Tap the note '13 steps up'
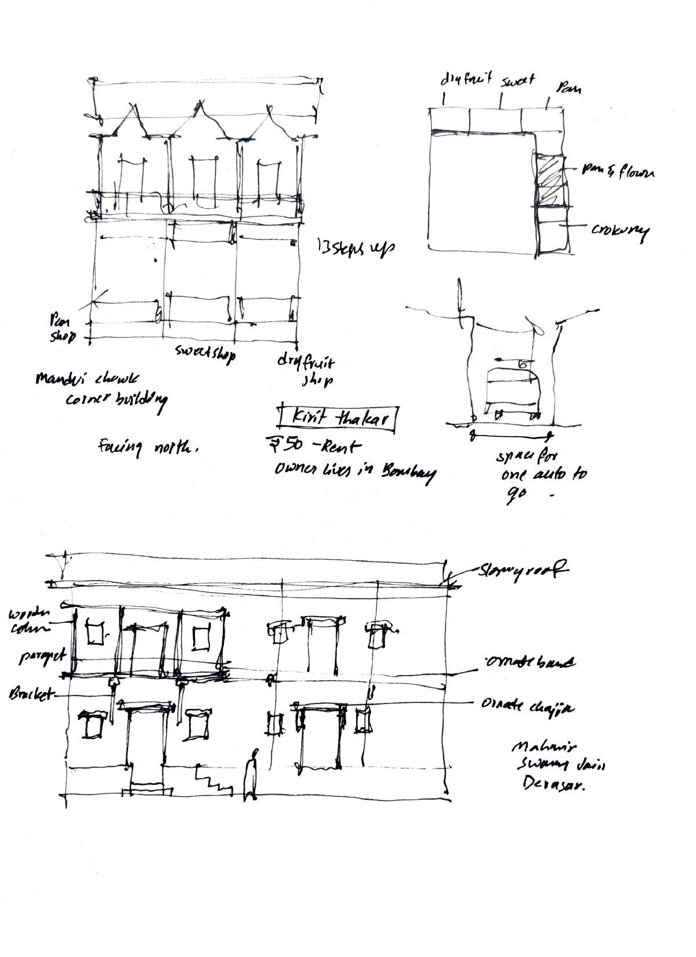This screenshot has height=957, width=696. pyautogui.click(x=356, y=248)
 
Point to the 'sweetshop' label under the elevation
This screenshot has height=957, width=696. pyautogui.click(x=205, y=353)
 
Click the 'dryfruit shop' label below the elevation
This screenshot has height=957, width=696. pyautogui.click(x=306, y=371)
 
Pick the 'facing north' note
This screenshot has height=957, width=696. pyautogui.click(x=149, y=448)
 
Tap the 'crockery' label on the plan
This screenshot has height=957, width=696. pyautogui.click(x=619, y=230)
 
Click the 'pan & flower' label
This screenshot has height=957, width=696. pyautogui.click(x=618, y=172)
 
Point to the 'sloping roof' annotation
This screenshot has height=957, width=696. pyautogui.click(x=522, y=571)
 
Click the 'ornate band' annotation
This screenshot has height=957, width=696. pyautogui.click(x=530, y=662)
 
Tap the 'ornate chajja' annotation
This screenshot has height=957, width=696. pyautogui.click(x=527, y=706)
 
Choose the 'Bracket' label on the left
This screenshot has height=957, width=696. pyautogui.click(x=30, y=694)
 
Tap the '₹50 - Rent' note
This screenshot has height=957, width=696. pyautogui.click(x=313, y=447)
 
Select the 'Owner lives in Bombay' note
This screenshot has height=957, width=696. pyautogui.click(x=354, y=472)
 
